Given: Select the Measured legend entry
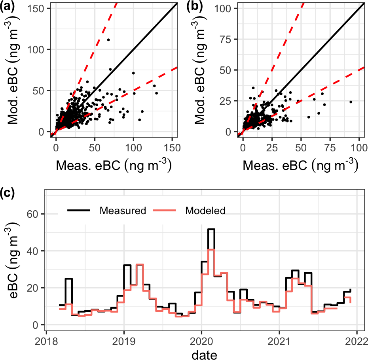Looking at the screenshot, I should tap(123, 211).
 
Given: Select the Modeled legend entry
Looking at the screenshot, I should tap(205, 211).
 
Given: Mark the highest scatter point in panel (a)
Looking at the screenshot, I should tap(108, 40).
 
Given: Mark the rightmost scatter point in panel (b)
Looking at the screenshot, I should tap(351, 102).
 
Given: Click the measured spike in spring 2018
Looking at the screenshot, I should tap(69, 279).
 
